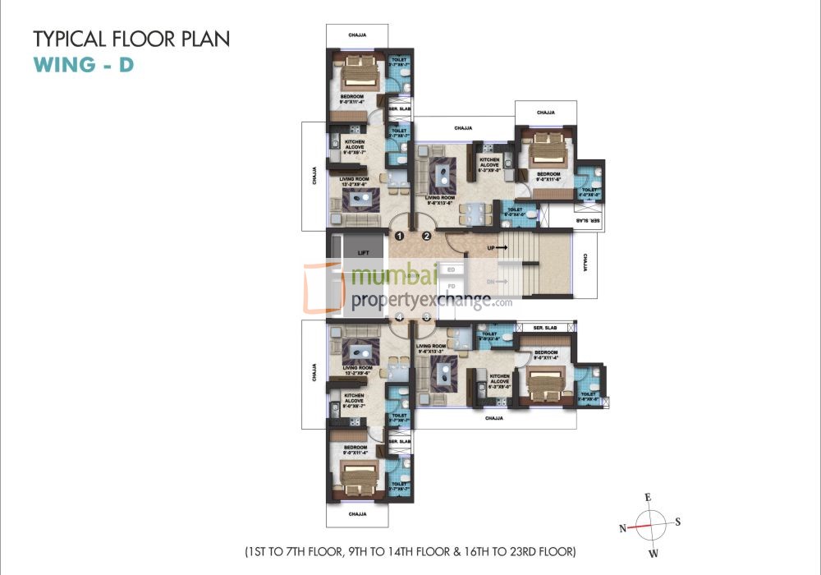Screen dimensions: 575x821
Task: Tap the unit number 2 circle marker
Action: pos(427,237)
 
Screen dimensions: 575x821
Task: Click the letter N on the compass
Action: pos(623,527)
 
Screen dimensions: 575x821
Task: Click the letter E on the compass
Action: pos(648,498)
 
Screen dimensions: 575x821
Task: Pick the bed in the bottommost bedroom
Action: pos(358,476)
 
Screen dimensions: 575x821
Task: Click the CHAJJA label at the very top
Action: pos(357,35)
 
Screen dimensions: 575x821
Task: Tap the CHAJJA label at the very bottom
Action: pos(357,514)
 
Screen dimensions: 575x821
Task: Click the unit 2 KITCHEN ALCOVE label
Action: pos(490,163)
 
